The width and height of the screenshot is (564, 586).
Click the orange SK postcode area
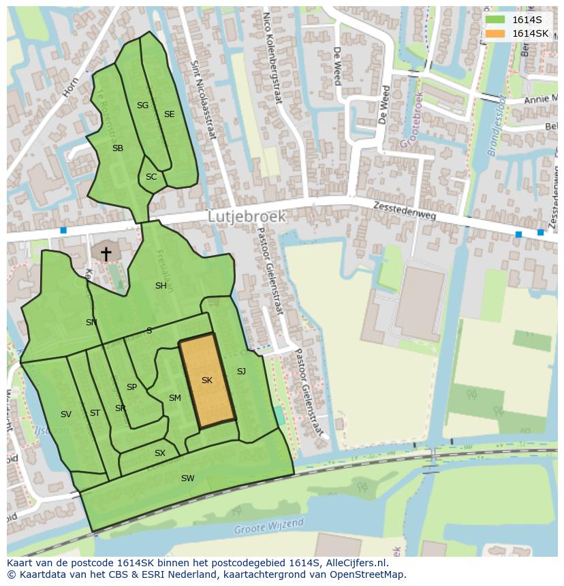click(x=206, y=381)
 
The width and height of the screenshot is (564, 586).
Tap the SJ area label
click(x=241, y=372)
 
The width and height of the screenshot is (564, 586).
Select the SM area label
click(x=175, y=398)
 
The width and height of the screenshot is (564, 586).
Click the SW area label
click(x=187, y=478)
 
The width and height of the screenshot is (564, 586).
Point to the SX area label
click(x=160, y=453)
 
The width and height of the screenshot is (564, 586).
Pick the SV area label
click(x=66, y=414)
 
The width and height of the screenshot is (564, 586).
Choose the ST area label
click(x=95, y=413)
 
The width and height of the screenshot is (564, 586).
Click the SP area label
click(x=131, y=387)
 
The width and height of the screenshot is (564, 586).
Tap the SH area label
click(x=161, y=286)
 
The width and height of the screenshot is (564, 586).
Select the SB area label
click(x=118, y=148)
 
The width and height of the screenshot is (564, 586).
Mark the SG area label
click(x=142, y=105)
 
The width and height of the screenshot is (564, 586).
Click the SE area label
click(x=169, y=114)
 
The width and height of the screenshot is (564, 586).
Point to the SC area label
click(x=151, y=177)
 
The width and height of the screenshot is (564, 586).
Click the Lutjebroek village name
click(x=247, y=216)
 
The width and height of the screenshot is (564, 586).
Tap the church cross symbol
click(x=106, y=253)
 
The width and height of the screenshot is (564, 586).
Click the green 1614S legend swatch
click(x=495, y=20)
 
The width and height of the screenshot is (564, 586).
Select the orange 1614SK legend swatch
click(x=495, y=33)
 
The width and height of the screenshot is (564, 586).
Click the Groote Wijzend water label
click(x=268, y=527)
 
